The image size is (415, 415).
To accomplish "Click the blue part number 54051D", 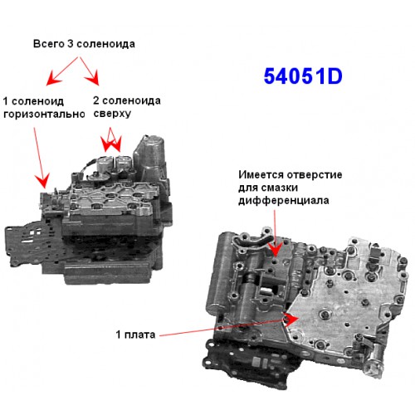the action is [303, 76].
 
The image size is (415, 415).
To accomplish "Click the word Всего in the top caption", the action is [49, 44].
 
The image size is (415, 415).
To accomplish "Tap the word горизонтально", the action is [44, 114].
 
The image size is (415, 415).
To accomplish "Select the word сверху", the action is [112, 114].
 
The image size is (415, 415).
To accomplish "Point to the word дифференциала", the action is [284, 200].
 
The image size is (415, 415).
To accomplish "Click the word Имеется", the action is [261, 175].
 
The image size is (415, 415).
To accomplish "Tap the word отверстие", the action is [315, 175].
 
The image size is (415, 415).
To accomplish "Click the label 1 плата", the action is [135, 334].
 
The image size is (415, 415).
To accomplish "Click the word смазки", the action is [280, 188].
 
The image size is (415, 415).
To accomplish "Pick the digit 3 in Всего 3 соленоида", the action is [71, 44].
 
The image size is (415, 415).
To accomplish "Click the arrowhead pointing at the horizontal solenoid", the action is [44, 181].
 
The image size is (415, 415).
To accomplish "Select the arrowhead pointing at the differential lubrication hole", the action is [276, 249].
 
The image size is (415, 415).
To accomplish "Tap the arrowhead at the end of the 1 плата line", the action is [292, 320].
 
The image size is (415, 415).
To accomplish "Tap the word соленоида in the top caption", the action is [105, 44].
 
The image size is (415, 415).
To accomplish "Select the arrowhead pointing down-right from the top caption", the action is [94, 78].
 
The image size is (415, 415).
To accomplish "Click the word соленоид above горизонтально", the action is [37, 101].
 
